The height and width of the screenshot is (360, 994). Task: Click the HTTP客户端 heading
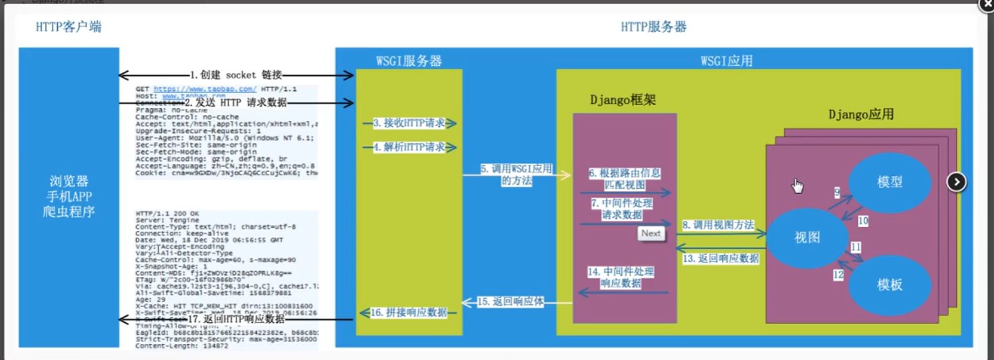click(68, 27)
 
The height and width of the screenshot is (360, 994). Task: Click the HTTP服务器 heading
click(653, 27)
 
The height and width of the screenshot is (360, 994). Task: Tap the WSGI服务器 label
click(409, 61)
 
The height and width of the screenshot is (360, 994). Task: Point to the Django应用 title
click(860, 114)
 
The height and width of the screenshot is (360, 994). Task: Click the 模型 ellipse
click(889, 181)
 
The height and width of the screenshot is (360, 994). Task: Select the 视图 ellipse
click(807, 237)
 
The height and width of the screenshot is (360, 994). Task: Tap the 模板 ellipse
click(889, 284)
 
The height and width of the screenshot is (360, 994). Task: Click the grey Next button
click(650, 233)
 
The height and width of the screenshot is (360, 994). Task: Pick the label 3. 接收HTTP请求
click(409, 123)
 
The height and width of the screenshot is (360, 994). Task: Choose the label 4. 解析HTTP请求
click(409, 147)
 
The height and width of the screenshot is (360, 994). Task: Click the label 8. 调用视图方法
click(718, 225)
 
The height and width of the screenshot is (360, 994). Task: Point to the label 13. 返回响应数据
click(721, 258)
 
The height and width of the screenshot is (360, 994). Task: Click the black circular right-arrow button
click(955, 181)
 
